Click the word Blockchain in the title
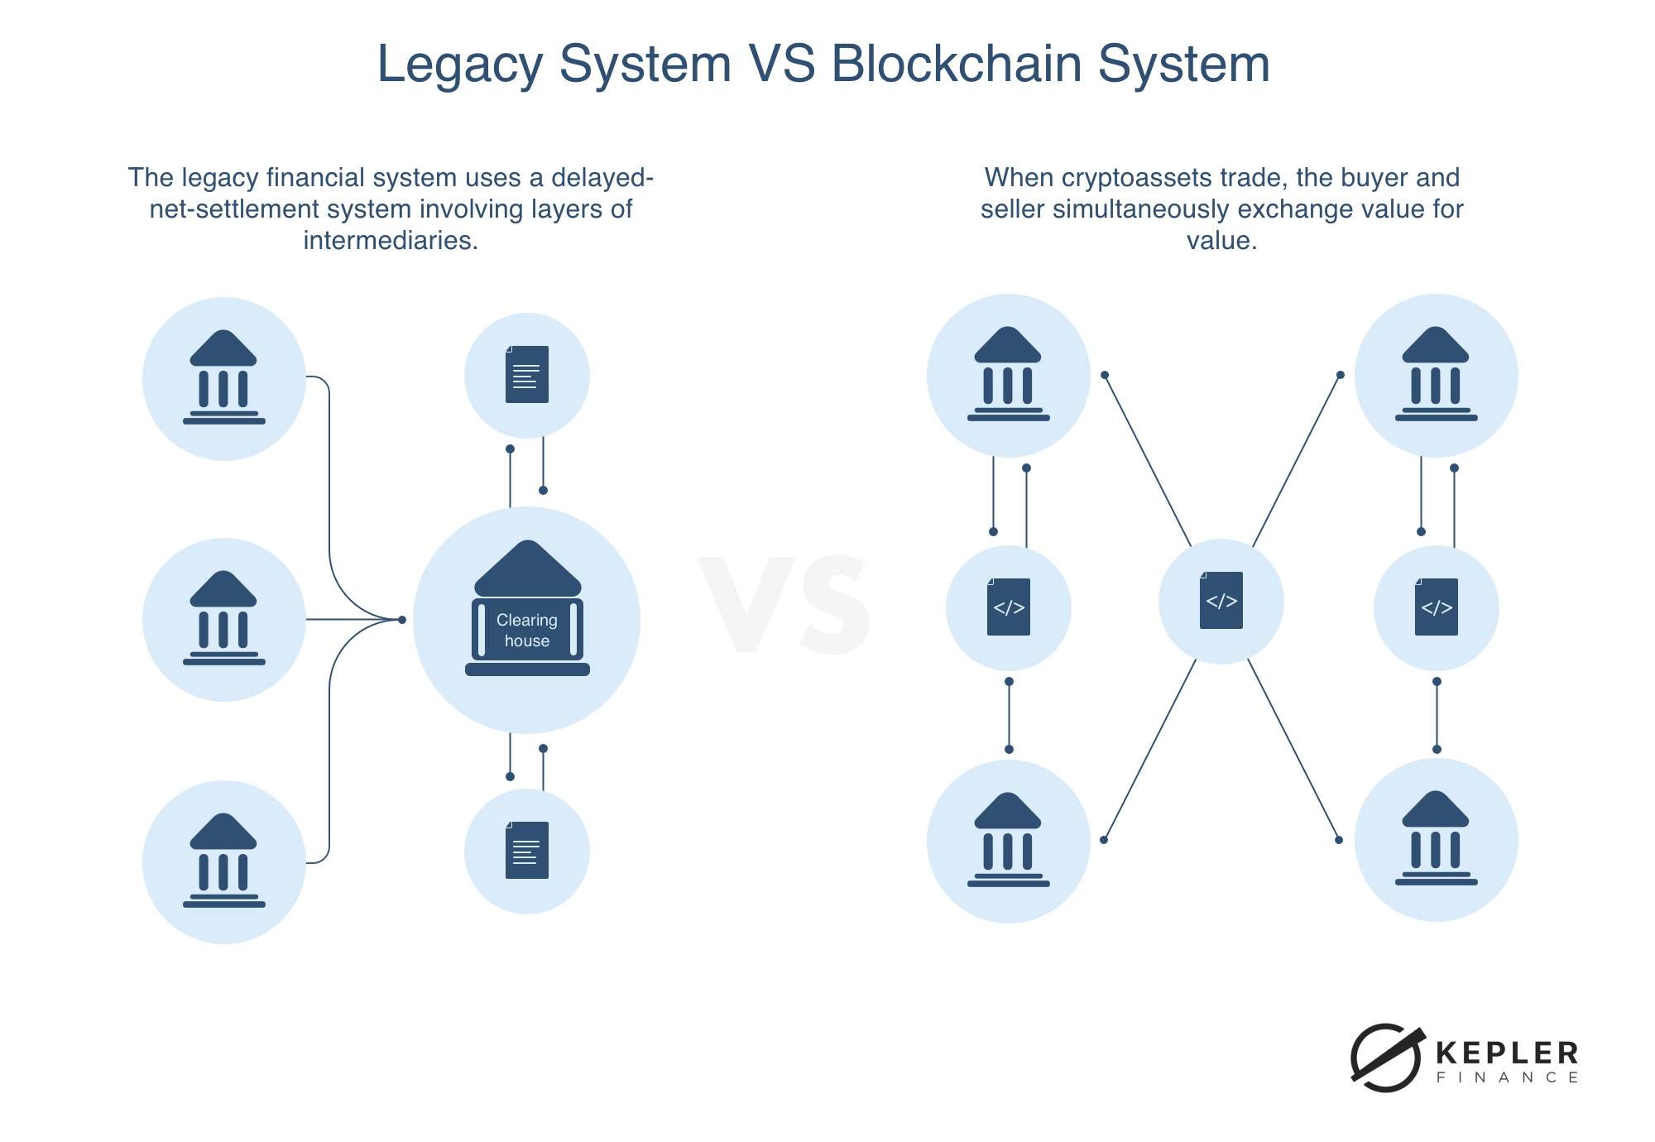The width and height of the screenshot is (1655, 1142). [957, 64]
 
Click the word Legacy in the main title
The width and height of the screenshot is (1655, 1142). [459, 64]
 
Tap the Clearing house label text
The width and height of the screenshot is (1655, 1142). [527, 631]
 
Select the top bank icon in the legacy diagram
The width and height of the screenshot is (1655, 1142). [224, 378]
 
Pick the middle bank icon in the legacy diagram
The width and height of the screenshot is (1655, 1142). [224, 619]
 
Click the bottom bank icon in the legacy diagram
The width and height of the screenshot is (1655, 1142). [224, 861]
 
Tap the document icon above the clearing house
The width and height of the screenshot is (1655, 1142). [527, 375]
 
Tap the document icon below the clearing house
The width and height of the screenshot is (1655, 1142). [527, 851]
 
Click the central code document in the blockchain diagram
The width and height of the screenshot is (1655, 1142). [1221, 601]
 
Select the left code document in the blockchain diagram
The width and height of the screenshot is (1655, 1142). [1009, 607]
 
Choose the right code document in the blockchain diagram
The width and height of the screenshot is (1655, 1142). [1437, 607]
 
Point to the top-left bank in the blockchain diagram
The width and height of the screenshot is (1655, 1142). [1009, 375]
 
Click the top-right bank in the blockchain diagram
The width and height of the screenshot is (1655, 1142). [1437, 375]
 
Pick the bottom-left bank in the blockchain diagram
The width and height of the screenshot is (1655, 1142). [1009, 841]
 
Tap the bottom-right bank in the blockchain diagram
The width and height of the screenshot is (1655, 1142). [1437, 839]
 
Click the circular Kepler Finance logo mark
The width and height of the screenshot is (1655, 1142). [1386, 1058]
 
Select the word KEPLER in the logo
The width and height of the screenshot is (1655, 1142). [1507, 1053]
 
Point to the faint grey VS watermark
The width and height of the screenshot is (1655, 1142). [784, 606]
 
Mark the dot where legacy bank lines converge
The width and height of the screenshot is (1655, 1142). [402, 620]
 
